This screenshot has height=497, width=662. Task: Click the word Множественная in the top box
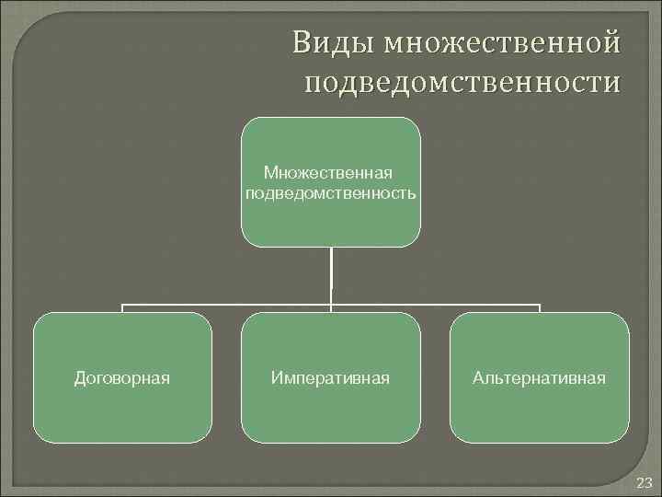point(328,172)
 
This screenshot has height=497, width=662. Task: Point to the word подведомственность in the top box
point(331,193)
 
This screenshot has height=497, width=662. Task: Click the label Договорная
point(121,377)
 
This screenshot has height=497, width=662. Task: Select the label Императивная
point(330,377)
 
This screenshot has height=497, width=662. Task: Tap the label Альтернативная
point(539,377)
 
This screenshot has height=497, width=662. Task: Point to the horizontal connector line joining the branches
point(230,304)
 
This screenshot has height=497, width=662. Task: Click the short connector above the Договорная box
point(122,308)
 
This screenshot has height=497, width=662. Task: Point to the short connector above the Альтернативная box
point(540,308)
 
